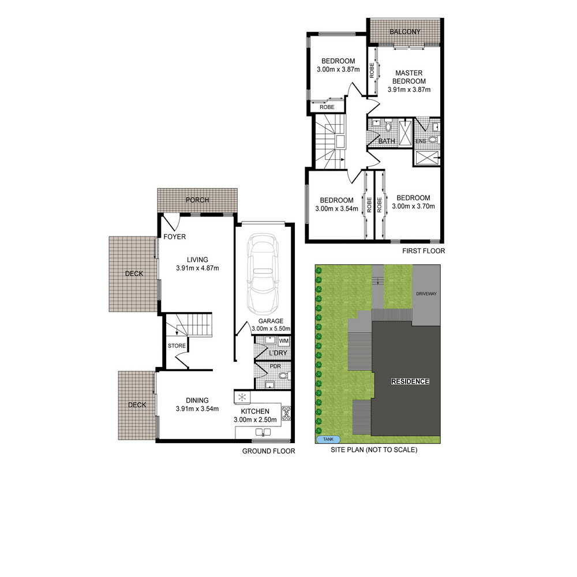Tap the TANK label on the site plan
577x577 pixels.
tap(328, 439)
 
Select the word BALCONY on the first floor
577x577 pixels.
tap(405, 32)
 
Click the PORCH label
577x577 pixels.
tap(197, 200)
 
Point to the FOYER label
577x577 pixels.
tap(174, 237)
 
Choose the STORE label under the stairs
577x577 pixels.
tap(177, 346)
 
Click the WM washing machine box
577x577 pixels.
tap(284, 341)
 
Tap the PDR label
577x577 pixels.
tap(275, 366)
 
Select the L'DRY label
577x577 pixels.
tap(278, 353)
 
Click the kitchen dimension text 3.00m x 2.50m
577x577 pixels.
tap(255, 419)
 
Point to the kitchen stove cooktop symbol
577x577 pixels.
tap(286, 414)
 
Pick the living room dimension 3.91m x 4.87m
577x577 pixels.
tap(197, 268)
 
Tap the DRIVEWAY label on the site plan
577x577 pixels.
tap(426, 294)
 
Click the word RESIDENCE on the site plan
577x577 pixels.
tap(410, 381)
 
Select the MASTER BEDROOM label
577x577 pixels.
tap(409, 77)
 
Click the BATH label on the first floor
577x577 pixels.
tap(387, 141)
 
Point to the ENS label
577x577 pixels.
tap(421, 141)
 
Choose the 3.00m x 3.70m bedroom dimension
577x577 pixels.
tap(413, 207)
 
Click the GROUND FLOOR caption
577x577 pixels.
tap(269, 451)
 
